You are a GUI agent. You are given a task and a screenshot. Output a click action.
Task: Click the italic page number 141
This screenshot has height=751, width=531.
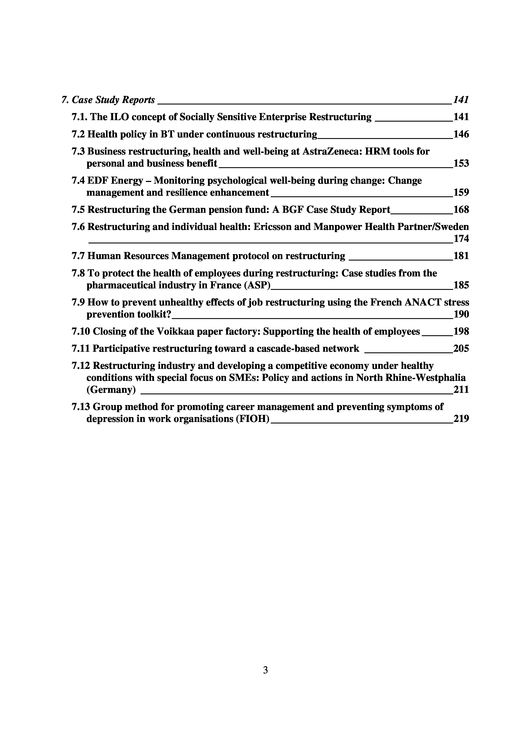(x=461, y=100)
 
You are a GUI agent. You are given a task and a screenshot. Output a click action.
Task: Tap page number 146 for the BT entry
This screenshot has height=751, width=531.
(x=461, y=134)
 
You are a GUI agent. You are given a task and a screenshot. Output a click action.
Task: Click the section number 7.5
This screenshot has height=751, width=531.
(x=78, y=209)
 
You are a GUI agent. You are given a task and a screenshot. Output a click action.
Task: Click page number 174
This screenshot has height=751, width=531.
(x=461, y=239)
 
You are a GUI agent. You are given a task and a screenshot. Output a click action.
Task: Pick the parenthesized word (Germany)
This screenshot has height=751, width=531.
(x=111, y=390)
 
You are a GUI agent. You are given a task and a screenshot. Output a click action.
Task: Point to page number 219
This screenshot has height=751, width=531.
(x=461, y=419)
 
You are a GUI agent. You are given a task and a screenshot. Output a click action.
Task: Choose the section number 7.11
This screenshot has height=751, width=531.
(x=81, y=349)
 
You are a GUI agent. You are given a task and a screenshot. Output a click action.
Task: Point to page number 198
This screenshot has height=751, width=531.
(x=461, y=331)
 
